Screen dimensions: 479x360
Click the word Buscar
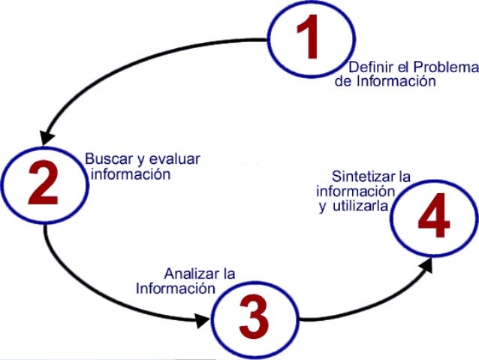[104, 159]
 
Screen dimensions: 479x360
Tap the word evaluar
[176, 159]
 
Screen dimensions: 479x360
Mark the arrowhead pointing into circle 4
[429, 263]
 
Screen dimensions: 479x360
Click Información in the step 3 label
[170, 288]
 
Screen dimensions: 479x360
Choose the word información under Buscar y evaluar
[131, 174]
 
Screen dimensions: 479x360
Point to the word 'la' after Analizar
[228, 274]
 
